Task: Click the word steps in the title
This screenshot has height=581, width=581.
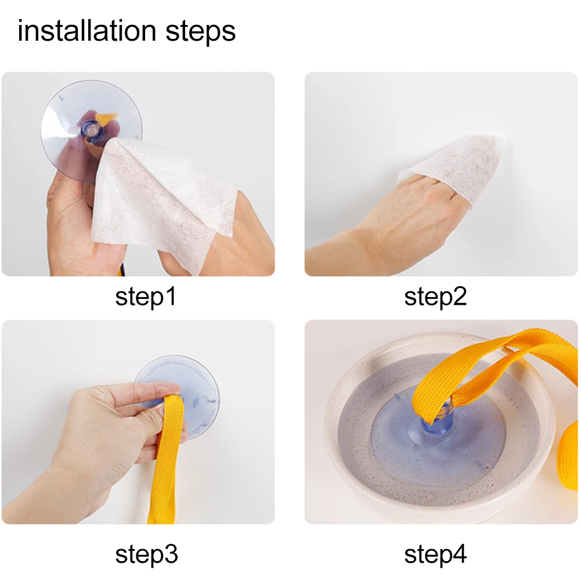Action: point(200,32)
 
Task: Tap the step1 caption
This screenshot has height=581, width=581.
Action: point(146,297)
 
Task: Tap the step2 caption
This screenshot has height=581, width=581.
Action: point(435,297)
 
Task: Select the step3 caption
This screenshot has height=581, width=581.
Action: point(146,554)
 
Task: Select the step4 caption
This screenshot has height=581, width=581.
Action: point(435,554)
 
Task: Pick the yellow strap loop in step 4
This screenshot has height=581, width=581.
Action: point(493,374)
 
